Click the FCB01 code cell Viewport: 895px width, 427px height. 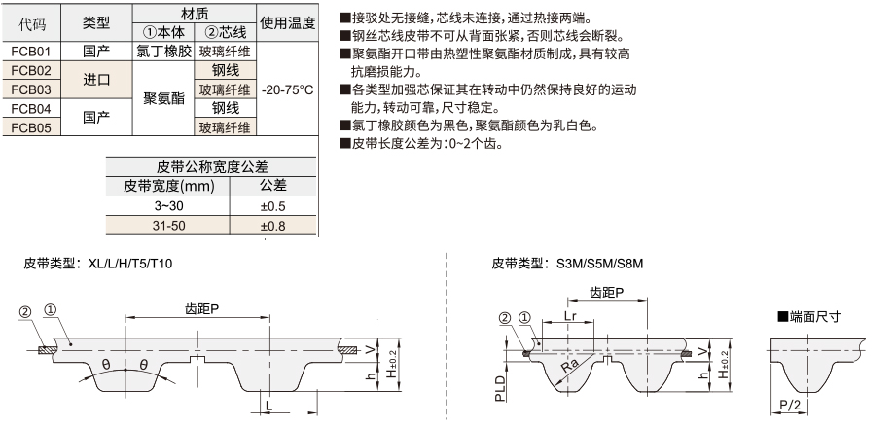(x=31, y=52)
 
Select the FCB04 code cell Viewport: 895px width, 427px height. (x=31, y=108)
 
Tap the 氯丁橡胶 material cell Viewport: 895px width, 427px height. (x=163, y=52)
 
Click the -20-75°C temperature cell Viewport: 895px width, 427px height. (x=287, y=89)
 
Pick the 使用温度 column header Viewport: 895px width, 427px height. (x=287, y=22)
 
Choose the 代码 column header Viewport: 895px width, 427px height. (x=31, y=23)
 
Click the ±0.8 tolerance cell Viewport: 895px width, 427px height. (x=272, y=226)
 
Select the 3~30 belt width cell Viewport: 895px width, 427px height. (x=168, y=206)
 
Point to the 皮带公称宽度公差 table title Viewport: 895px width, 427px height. (x=212, y=167)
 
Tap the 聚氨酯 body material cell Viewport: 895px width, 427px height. (x=163, y=98)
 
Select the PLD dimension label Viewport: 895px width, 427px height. (x=501, y=388)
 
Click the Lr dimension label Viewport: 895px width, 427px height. (x=570, y=316)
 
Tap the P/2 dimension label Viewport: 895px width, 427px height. (x=791, y=405)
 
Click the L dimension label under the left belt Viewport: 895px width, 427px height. (x=268, y=405)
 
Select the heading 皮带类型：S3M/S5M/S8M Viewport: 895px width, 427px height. (x=568, y=264)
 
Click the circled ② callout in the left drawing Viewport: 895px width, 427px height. (x=24, y=311)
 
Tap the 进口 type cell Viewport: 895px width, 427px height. (x=96, y=80)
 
